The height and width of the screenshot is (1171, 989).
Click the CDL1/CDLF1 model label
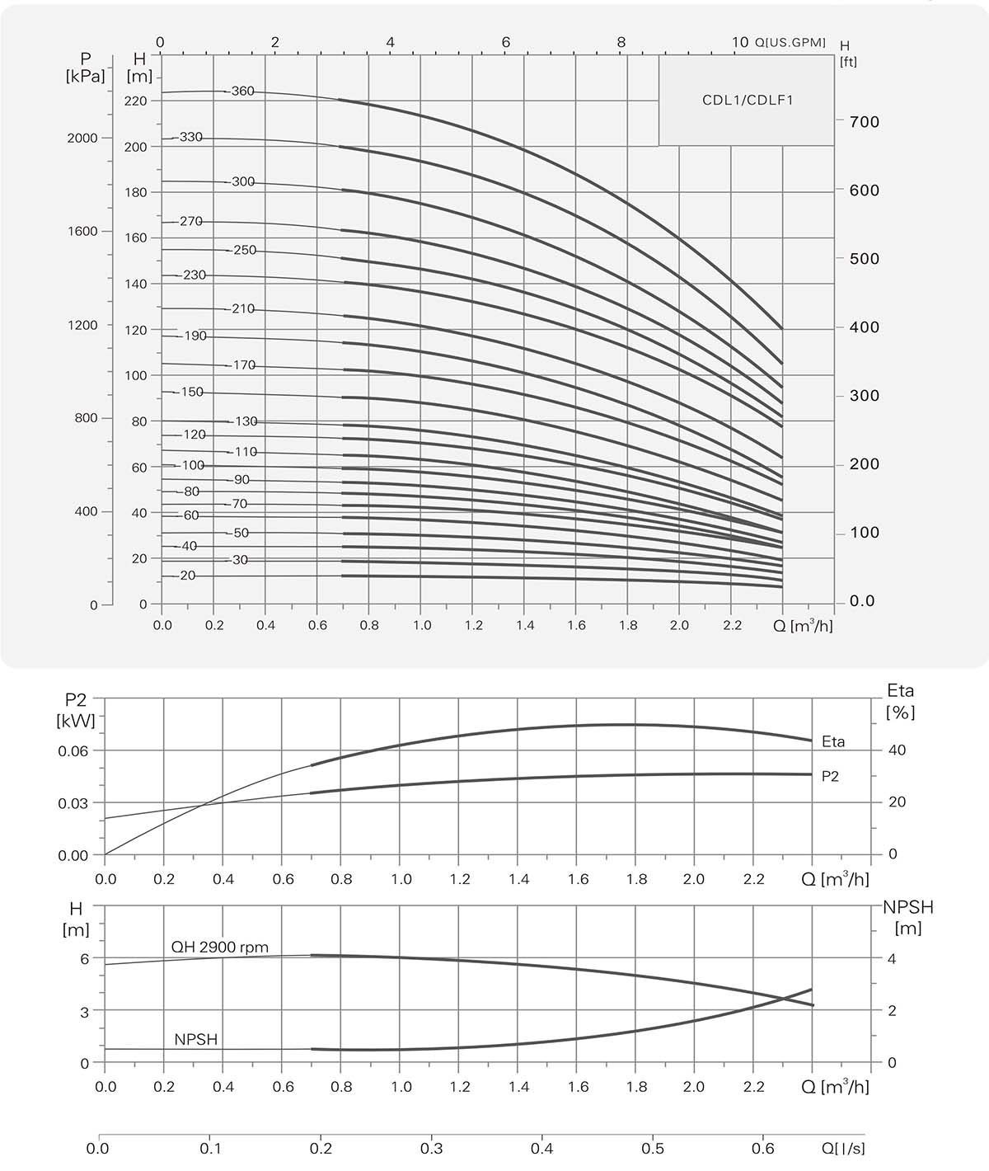point(747,101)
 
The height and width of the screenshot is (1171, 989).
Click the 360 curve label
point(242,92)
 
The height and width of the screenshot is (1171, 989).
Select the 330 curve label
point(190,137)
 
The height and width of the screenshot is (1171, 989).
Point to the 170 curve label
point(244,364)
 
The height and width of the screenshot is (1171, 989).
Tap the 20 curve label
point(187,576)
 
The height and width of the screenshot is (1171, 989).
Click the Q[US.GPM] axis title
point(790,43)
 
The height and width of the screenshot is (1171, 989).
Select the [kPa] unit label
point(85,77)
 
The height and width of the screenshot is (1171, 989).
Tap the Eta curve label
point(833,742)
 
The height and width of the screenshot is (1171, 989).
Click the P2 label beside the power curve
point(831,777)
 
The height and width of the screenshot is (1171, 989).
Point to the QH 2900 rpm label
point(219,947)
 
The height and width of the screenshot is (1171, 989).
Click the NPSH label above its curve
point(196,1040)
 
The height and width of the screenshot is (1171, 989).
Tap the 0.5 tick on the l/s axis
point(653,1148)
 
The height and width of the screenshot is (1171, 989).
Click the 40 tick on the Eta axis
point(897,750)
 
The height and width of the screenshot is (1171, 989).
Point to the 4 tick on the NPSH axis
point(892,959)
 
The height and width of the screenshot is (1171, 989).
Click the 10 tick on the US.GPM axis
point(739,43)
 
